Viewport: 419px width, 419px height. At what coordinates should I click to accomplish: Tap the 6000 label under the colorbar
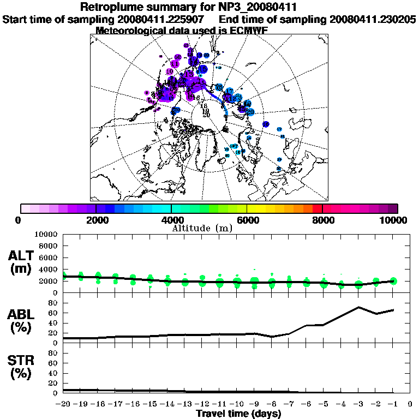coord(247,220)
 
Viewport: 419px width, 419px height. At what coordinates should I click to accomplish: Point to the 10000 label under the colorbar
coord(394,220)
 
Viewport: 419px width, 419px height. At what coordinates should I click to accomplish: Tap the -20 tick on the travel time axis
coord(63,404)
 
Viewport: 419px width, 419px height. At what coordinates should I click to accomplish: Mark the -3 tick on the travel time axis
coord(358,404)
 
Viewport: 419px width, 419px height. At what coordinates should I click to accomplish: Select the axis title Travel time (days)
coord(238,414)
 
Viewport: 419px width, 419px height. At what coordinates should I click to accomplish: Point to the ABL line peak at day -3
coord(358,307)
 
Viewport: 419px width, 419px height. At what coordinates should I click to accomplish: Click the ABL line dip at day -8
coord(272,337)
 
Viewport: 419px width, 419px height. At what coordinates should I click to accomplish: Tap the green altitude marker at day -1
coord(393,281)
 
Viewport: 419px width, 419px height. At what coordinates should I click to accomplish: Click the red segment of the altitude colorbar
coord(317,208)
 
